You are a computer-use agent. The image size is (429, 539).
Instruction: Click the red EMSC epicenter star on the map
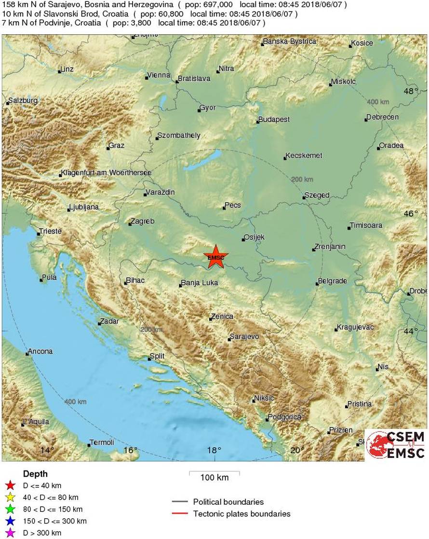click(215, 257)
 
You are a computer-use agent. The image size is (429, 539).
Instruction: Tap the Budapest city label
click(274, 119)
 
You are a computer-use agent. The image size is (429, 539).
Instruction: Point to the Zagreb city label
click(143, 221)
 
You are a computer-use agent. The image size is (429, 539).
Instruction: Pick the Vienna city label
click(160, 75)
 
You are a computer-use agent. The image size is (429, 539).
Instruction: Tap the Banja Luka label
click(200, 283)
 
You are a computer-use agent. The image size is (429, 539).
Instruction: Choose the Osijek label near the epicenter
click(255, 237)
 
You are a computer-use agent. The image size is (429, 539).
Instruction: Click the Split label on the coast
click(158, 356)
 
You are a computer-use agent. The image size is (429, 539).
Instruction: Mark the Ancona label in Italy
click(40, 351)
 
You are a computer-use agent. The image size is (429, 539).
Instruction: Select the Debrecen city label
click(383, 117)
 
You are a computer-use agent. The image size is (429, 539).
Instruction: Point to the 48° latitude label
click(411, 91)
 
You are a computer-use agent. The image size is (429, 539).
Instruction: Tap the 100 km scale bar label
click(214, 478)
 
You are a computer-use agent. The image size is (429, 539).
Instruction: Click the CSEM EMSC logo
click(396, 444)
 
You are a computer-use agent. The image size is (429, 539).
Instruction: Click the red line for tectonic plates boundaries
click(179, 513)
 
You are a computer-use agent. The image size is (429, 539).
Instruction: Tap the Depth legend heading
click(35, 474)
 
